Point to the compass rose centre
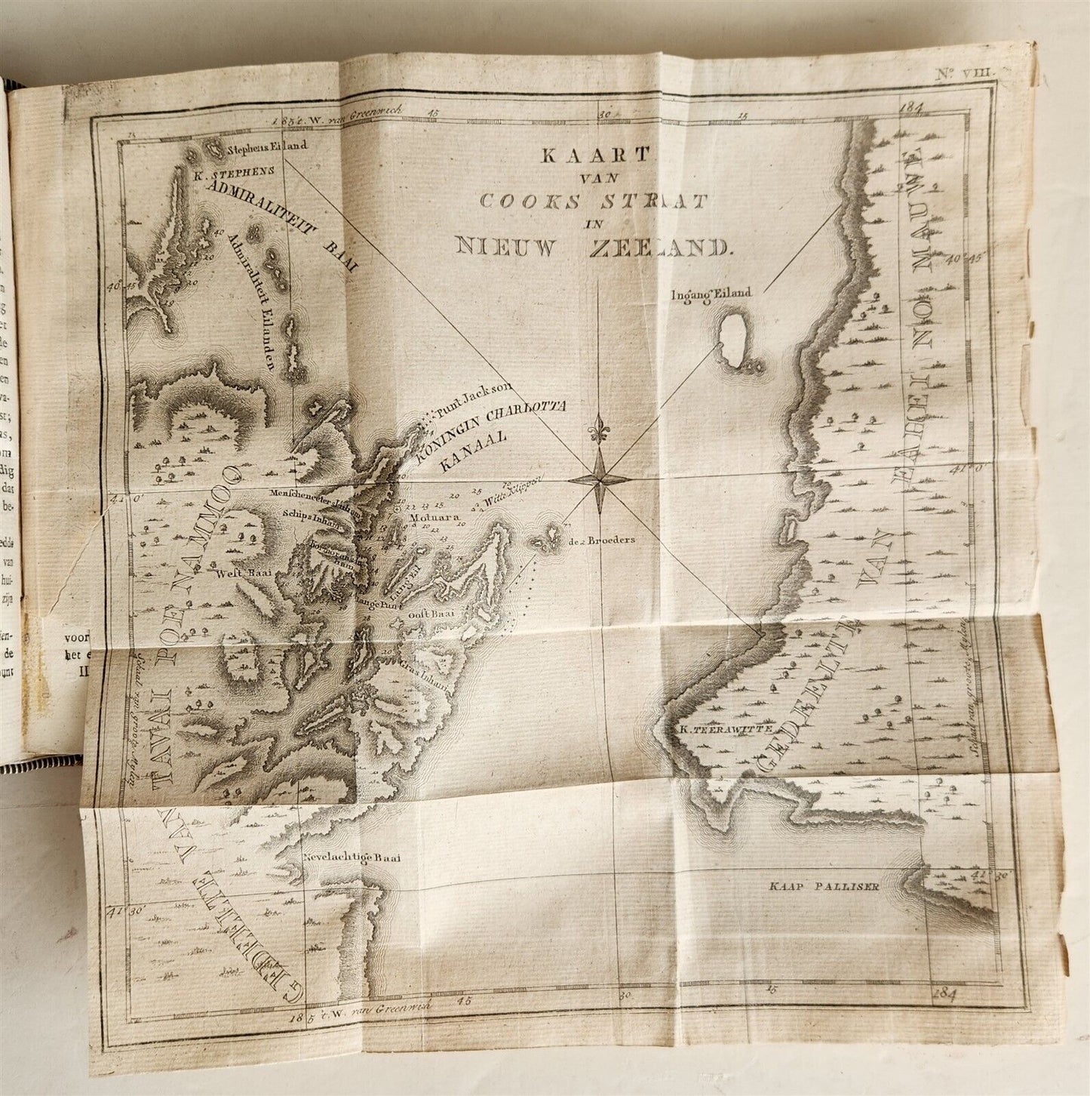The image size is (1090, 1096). click(x=600, y=479)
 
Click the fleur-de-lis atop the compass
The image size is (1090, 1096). click(x=600, y=426)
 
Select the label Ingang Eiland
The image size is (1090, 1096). click(x=711, y=294)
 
